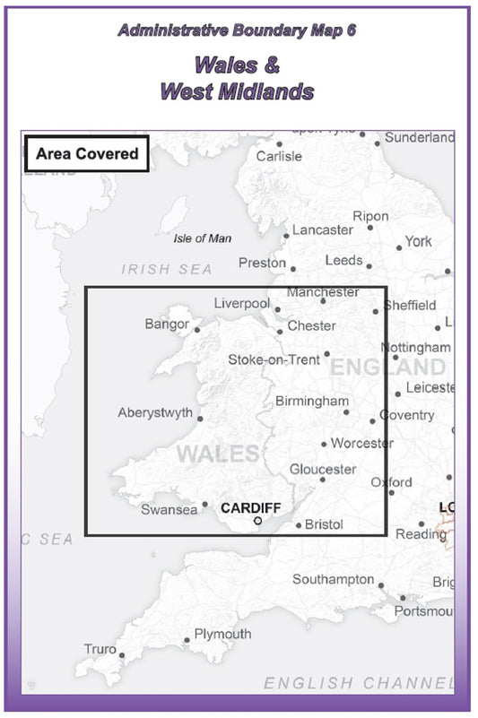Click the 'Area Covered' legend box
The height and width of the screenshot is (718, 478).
87,153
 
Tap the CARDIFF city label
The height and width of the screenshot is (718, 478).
251,508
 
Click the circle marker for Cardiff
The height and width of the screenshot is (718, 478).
257,521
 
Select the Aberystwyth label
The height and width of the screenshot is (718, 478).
155,413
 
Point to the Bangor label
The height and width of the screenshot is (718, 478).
167,324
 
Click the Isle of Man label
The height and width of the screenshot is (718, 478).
202,238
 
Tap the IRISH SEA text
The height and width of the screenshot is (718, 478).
168,269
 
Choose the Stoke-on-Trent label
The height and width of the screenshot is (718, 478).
274,359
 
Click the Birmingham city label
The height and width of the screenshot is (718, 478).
312,401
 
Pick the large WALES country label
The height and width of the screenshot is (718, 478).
218,454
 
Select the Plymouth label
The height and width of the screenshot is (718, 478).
223,634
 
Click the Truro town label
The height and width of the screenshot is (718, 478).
100,649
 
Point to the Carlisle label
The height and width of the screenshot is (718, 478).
279,156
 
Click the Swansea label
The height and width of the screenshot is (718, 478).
169,510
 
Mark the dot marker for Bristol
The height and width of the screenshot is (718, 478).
299,525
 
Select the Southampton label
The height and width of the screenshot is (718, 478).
333,579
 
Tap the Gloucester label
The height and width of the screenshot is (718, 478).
323,469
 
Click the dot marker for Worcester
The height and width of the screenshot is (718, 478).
324,444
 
